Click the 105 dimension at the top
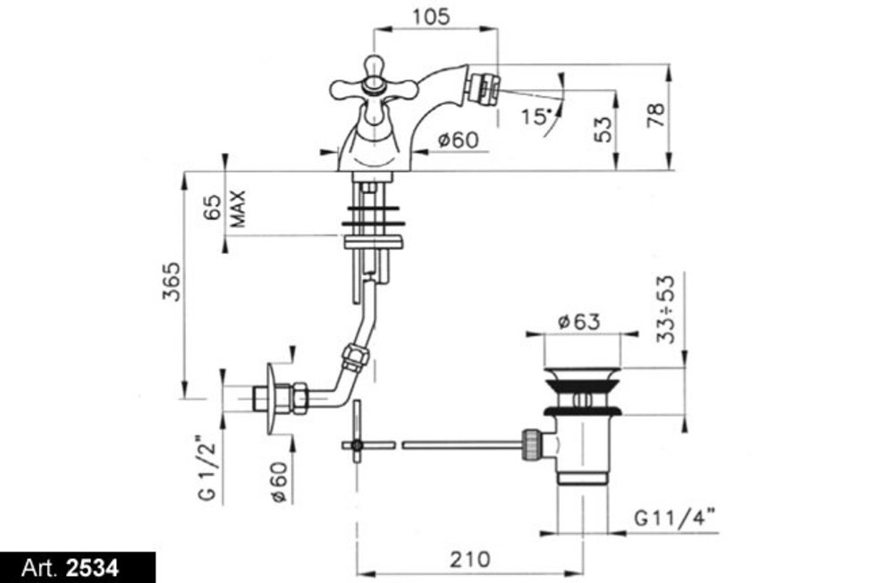coord(431,16)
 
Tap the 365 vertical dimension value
coord(172,281)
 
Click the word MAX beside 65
coord(238,208)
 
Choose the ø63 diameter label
coord(578,322)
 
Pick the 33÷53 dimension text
coord(665,309)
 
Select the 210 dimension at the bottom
coord(470,559)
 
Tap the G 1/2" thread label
coord(207,469)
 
